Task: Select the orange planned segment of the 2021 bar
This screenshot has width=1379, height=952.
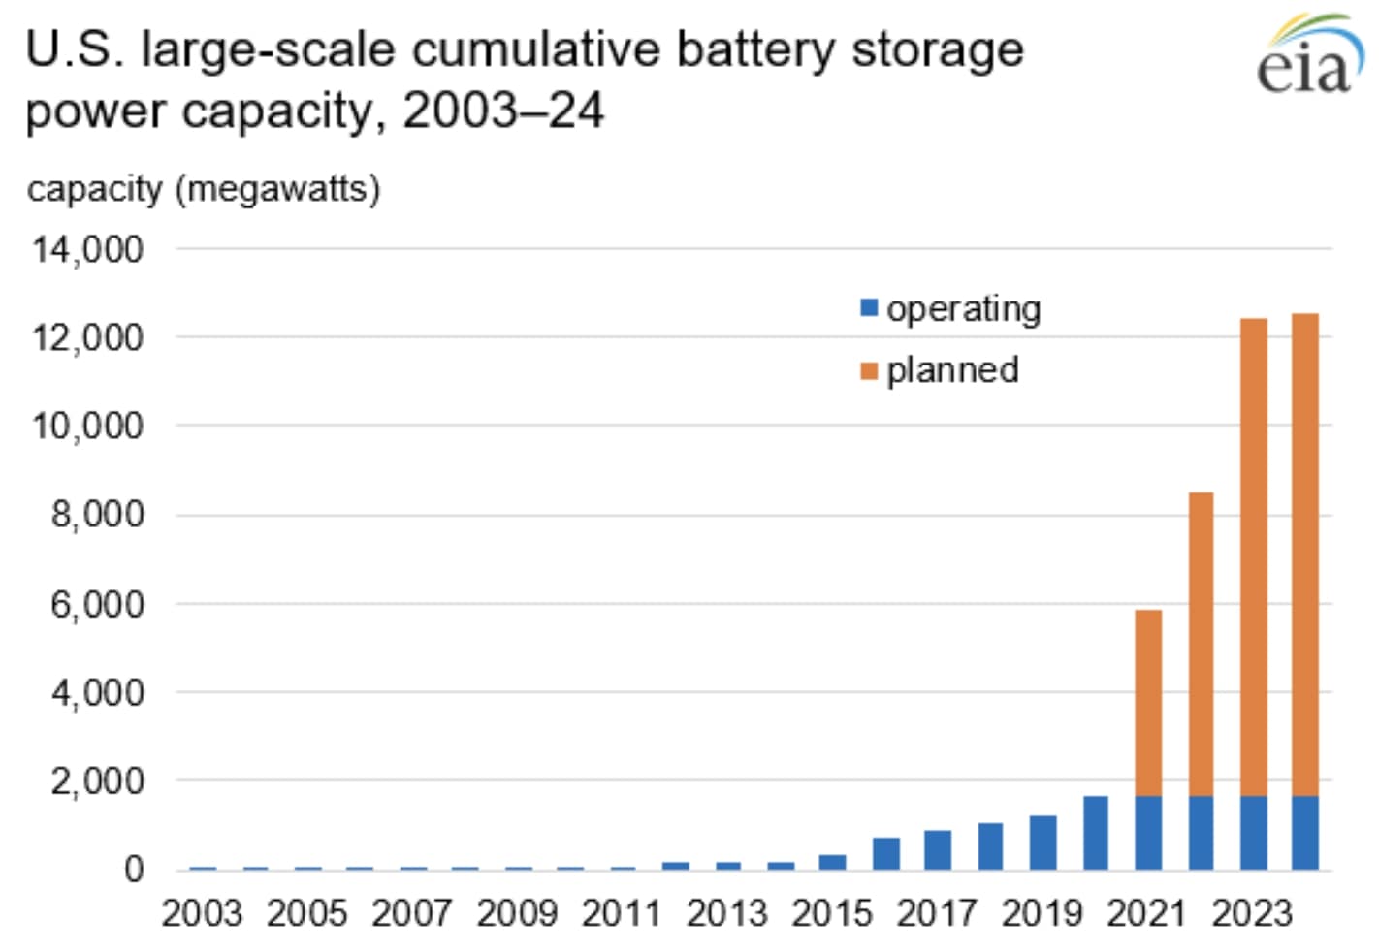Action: [1148, 703]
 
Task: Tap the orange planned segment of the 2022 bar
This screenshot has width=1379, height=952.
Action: [1201, 645]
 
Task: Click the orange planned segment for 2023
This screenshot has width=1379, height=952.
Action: [1253, 557]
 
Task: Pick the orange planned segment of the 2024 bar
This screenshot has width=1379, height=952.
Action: [1304, 555]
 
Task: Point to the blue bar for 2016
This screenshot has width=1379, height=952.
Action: [885, 852]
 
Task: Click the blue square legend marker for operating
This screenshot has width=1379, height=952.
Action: [869, 308]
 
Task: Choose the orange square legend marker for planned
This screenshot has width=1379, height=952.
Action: [869, 370]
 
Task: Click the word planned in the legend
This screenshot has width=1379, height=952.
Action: [952, 370]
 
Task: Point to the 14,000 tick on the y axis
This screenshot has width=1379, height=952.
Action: [88, 250]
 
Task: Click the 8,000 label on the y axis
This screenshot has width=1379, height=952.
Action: [97, 514]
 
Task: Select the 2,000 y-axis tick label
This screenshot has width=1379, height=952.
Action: [97, 780]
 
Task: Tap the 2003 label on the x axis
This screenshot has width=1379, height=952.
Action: [202, 913]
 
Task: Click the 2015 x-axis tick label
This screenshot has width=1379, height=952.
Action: [832, 913]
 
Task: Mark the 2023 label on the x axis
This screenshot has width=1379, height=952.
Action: [1252, 913]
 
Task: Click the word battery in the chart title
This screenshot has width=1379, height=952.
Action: [754, 50]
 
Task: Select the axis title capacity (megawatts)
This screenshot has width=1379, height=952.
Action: [204, 189]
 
